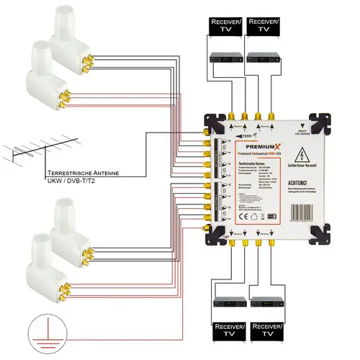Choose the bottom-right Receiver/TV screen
(267, 335)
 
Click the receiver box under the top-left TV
(222, 57)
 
